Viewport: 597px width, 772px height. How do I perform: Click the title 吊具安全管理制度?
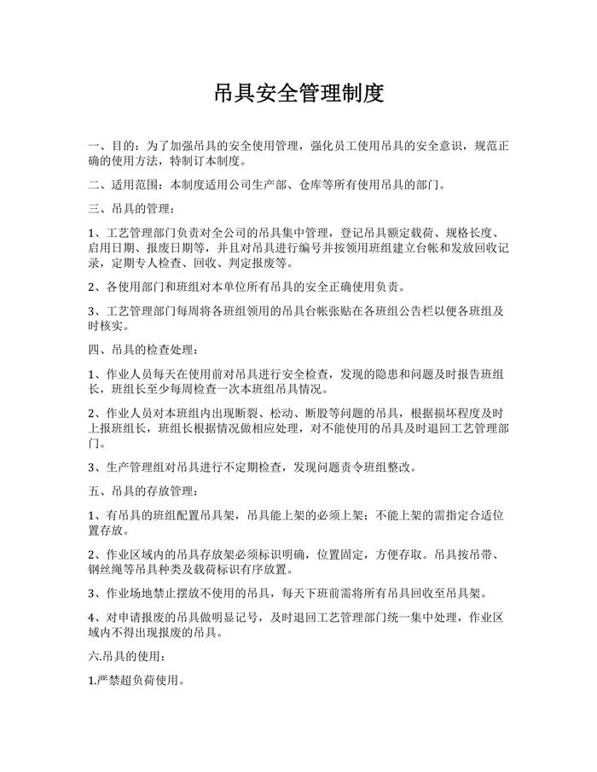click(x=298, y=93)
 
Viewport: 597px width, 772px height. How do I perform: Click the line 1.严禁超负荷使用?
click(x=136, y=682)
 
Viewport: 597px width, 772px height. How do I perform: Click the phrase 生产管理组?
click(x=136, y=467)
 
